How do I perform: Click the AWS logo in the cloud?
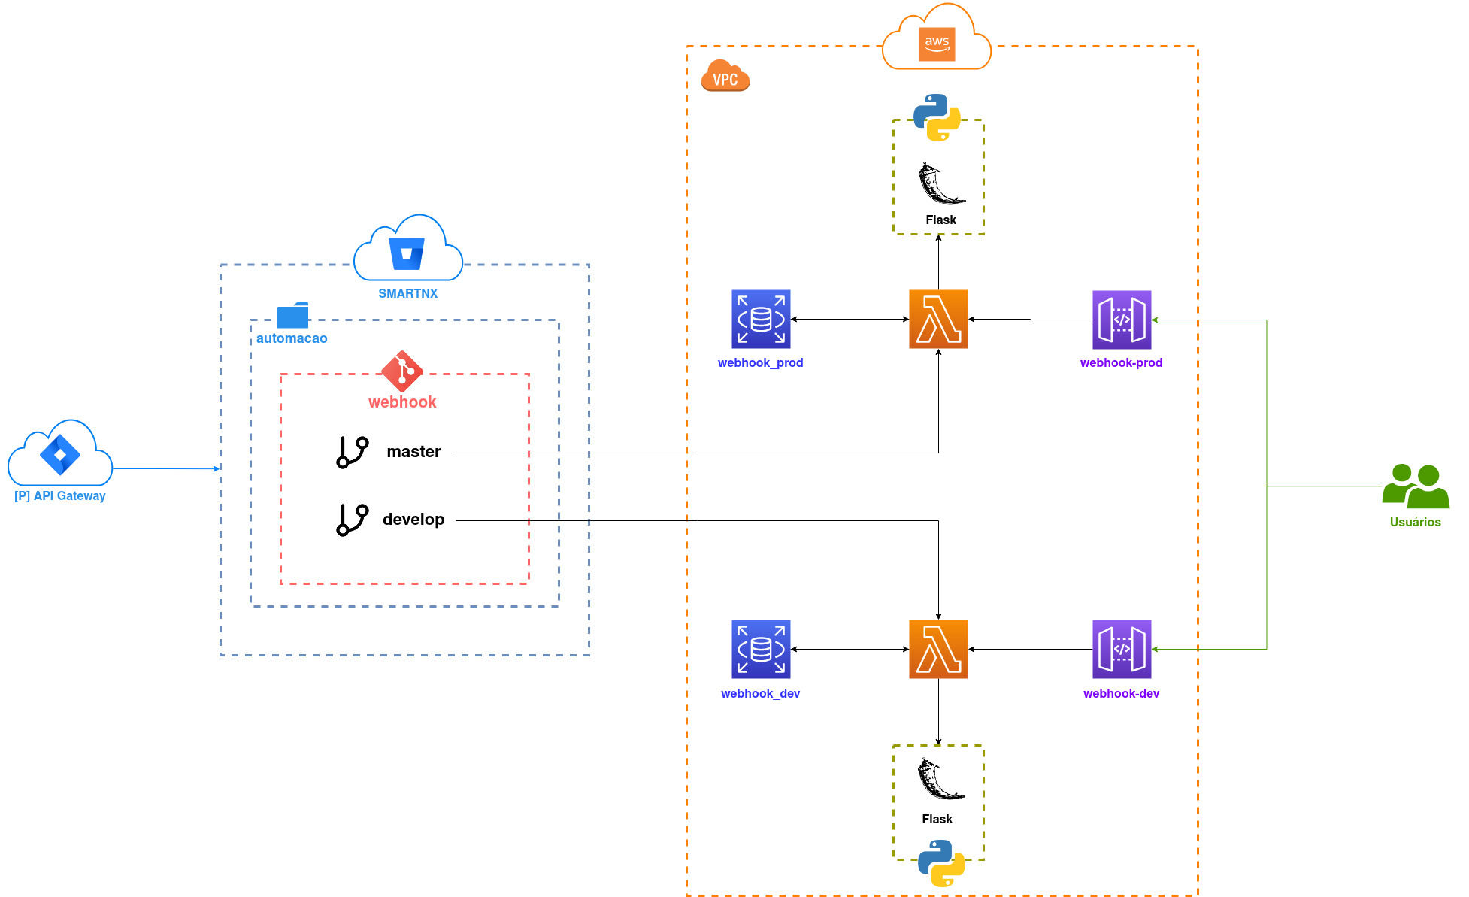click(x=937, y=44)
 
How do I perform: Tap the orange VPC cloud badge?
click(x=725, y=75)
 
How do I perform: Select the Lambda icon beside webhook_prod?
click(x=938, y=319)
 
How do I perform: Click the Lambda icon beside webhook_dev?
click(x=938, y=649)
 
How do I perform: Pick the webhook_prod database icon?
click(x=761, y=319)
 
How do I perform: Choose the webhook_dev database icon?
click(x=761, y=649)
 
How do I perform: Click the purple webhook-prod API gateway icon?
click(x=1122, y=320)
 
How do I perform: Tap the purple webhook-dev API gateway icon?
click(x=1122, y=649)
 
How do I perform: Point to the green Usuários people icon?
click(x=1416, y=486)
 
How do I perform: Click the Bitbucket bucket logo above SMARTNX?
click(x=407, y=253)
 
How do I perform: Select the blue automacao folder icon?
click(x=292, y=315)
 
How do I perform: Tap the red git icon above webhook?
click(x=402, y=371)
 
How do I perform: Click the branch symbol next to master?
click(x=352, y=452)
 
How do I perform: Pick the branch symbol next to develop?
click(x=352, y=520)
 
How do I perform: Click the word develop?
click(x=413, y=520)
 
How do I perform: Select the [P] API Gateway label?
click(x=60, y=495)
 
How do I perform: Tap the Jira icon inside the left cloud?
click(x=60, y=454)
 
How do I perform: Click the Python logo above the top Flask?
click(x=937, y=117)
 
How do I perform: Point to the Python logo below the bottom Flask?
click(x=941, y=863)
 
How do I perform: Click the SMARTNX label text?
click(x=407, y=293)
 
